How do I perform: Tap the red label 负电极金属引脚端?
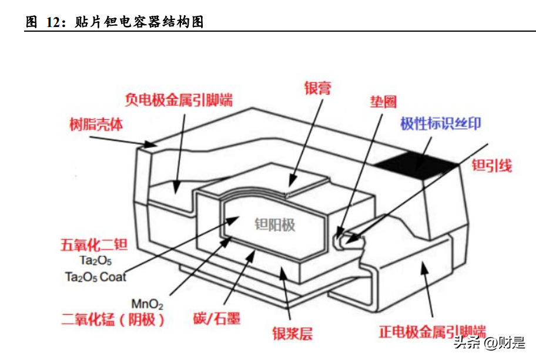(179, 100)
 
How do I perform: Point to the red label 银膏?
(317, 88)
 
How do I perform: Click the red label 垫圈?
(383, 102)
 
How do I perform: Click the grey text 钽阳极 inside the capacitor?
(274, 224)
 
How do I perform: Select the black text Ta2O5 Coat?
(95, 277)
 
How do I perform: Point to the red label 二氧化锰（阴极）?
(113, 320)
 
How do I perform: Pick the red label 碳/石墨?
(216, 319)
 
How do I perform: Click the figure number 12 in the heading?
(53, 22)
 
